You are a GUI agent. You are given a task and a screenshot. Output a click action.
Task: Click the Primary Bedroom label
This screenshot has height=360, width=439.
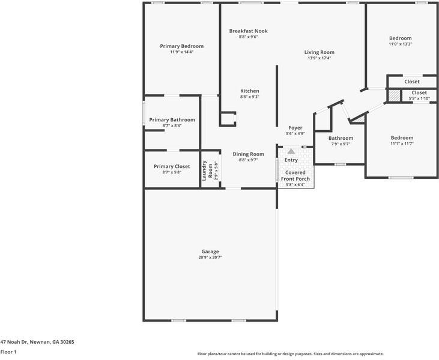(181, 46)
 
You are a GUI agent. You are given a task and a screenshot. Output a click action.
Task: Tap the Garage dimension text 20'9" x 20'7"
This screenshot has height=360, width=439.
(210, 257)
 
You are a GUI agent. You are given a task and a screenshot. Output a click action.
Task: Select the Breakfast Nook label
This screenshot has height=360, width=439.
(248, 31)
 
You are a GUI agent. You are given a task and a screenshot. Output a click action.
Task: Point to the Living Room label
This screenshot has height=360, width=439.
(319, 52)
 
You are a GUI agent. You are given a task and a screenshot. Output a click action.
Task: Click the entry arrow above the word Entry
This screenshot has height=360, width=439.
(291, 152)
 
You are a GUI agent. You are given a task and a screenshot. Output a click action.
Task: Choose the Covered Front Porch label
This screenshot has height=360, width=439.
(295, 175)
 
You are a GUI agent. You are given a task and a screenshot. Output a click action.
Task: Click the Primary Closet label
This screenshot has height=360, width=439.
(172, 166)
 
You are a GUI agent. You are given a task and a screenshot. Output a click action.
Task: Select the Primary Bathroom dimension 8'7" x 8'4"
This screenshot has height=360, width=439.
(172, 125)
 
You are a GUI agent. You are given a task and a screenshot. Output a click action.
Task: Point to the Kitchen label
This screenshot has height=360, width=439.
(250, 91)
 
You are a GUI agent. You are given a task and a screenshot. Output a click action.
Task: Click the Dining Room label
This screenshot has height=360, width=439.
(248, 154)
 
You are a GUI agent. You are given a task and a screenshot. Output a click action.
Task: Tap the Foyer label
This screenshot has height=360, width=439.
(295, 128)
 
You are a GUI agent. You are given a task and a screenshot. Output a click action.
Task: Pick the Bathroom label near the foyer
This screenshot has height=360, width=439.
(341, 138)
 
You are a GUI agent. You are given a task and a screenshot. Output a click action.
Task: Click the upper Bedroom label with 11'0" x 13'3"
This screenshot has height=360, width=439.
(401, 38)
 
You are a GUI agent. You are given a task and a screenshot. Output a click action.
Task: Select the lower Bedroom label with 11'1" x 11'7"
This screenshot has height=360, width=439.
(402, 137)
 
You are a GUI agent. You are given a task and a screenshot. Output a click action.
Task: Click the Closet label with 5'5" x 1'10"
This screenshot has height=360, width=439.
(419, 93)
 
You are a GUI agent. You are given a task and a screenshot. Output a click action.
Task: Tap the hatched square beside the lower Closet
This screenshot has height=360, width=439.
(393, 95)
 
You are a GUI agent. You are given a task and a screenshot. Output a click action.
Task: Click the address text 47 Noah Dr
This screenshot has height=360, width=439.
(37, 341)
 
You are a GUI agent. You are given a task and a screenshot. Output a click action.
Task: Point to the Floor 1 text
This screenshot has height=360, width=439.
(8, 352)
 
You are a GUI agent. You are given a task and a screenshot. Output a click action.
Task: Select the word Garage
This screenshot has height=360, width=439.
(210, 251)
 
